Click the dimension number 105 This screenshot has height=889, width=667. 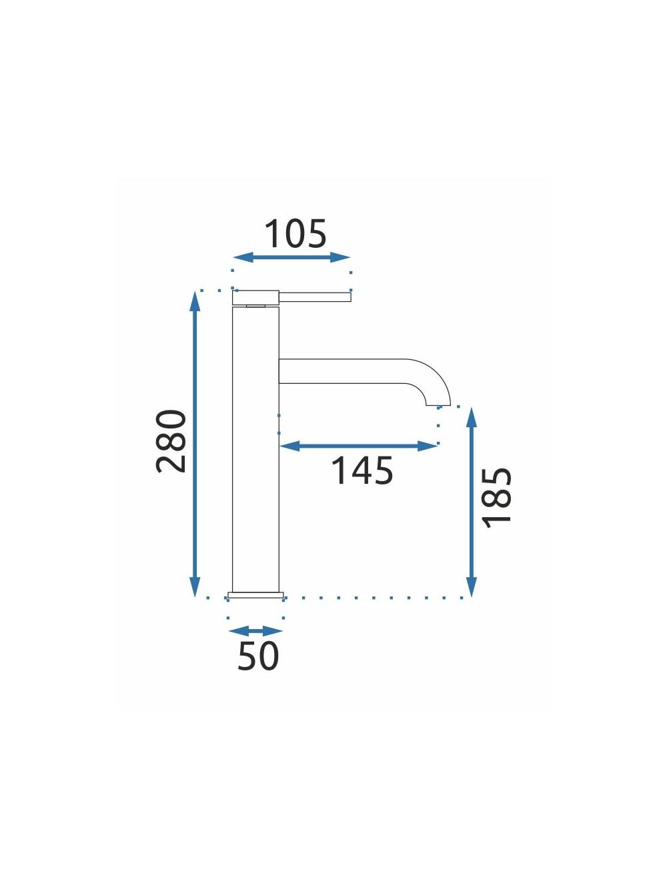(x=295, y=234)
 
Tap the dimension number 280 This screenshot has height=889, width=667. (x=171, y=441)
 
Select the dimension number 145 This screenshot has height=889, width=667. (x=362, y=470)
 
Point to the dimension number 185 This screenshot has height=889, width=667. (x=498, y=498)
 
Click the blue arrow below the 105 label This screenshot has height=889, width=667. (x=291, y=257)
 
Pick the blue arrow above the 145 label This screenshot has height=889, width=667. (x=359, y=446)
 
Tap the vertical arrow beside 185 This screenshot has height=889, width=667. (x=472, y=502)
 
